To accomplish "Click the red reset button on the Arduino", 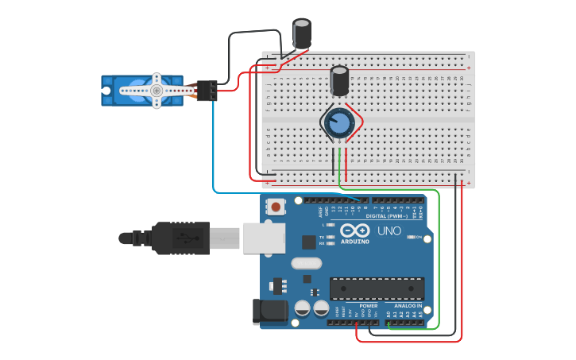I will pyautogui.click(x=276, y=207).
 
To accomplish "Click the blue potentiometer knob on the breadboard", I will pyautogui.click(x=339, y=123).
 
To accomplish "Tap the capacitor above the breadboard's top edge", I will pyautogui.click(x=302, y=34).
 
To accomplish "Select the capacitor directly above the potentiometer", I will pyautogui.click(x=339, y=81).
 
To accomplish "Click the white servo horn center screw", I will pyautogui.click(x=157, y=91).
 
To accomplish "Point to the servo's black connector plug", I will pyautogui.click(x=207, y=91).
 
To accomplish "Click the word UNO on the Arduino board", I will pyautogui.click(x=389, y=230).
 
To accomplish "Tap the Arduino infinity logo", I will pyautogui.click(x=354, y=230).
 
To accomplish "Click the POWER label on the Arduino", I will pyautogui.click(x=368, y=306).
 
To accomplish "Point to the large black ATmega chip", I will pyautogui.click(x=377, y=288).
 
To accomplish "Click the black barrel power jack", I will pyautogui.click(x=269, y=312).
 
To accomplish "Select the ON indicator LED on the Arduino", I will pyautogui.click(x=410, y=237).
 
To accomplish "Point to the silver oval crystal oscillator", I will pyautogui.click(x=306, y=263).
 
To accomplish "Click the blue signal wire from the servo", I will pyautogui.click(x=213, y=151).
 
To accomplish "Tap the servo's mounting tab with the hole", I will pyautogui.click(x=106, y=91).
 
